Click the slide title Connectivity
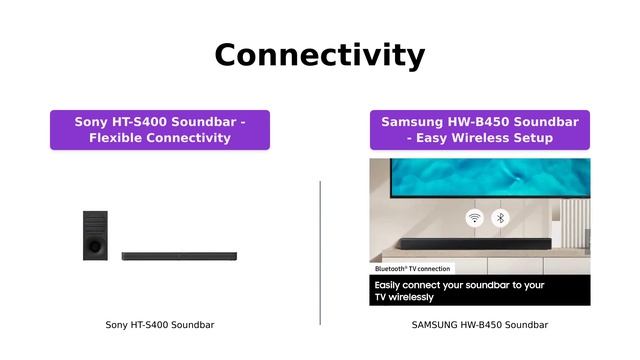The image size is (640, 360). (320, 55)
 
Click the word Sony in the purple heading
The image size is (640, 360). (92, 122)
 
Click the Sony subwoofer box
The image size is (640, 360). (96, 235)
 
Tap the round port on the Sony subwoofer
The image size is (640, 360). (94, 244)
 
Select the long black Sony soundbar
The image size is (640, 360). (179, 256)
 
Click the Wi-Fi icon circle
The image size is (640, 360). (474, 218)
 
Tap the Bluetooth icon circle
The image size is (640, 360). (501, 218)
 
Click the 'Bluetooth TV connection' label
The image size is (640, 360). (412, 269)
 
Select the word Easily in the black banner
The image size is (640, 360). (394, 285)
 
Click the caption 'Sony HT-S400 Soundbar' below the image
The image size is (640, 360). (160, 325)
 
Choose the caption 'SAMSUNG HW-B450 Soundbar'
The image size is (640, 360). (480, 325)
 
